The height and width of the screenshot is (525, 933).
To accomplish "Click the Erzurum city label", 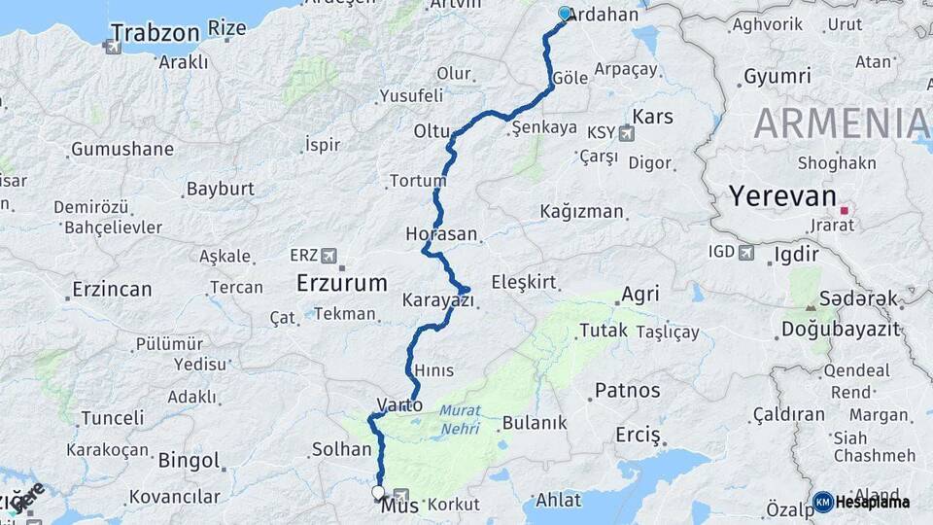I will (x=341, y=284).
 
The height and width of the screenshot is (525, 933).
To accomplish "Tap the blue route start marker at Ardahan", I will (x=566, y=14).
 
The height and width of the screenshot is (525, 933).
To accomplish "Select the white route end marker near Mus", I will (x=378, y=493).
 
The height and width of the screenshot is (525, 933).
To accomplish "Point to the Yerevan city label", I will (x=782, y=197).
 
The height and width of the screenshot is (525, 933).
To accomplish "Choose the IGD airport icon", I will (x=746, y=253).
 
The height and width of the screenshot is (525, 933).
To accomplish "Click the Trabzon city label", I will (x=155, y=31).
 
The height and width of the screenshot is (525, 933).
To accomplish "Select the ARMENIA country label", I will (x=841, y=123).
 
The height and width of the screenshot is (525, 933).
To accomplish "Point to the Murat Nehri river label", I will (x=459, y=419).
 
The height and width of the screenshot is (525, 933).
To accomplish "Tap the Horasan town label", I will (x=443, y=234).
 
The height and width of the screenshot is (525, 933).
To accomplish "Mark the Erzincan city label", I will (x=112, y=290).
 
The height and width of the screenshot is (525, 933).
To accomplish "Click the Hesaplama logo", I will (x=862, y=502).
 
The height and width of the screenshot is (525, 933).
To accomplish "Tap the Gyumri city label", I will (x=777, y=76).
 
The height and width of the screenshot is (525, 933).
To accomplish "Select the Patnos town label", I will (x=627, y=391).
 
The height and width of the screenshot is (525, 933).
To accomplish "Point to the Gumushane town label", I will (x=121, y=150).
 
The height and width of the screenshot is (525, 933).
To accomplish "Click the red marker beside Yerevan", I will (x=845, y=209).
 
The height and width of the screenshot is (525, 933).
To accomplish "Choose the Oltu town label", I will (x=432, y=131).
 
